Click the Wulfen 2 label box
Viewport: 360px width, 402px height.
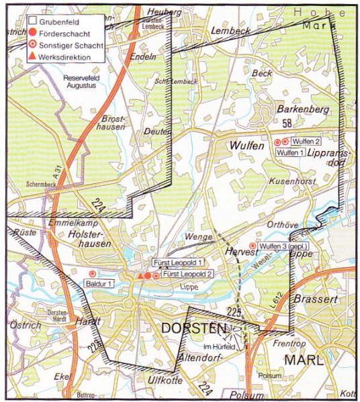tap(306, 142)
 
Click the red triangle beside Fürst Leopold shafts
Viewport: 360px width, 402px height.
tap(140, 276)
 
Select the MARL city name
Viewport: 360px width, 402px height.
tap(302, 360)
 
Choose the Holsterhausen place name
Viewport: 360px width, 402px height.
tap(93, 242)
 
